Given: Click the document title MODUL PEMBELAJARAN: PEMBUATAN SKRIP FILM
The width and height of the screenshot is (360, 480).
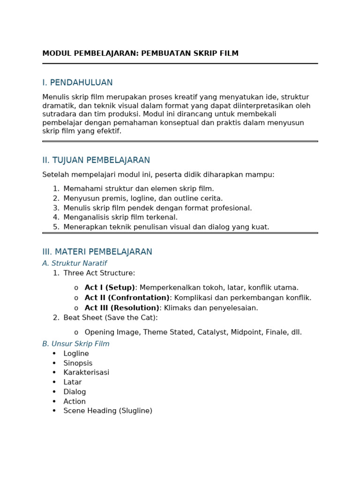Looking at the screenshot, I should click(x=140, y=53).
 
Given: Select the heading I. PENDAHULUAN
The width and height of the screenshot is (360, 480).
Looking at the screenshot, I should click(x=77, y=82).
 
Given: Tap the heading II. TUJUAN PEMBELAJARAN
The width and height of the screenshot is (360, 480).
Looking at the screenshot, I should click(x=96, y=160).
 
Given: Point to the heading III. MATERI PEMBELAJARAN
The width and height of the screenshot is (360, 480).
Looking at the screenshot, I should click(x=97, y=252).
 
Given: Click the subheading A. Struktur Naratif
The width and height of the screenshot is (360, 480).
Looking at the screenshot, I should click(x=75, y=263).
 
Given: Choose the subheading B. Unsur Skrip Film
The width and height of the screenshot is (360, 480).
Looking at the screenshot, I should click(x=76, y=344).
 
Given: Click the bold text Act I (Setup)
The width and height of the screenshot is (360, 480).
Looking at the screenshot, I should click(x=110, y=287).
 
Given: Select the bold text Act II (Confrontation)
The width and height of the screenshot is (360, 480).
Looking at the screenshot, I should click(x=127, y=298).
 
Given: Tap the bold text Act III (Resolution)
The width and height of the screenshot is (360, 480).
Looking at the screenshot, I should click(x=122, y=308).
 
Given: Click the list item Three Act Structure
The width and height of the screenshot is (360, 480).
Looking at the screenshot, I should click(x=99, y=273).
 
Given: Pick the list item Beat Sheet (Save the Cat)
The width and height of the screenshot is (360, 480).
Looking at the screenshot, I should click(x=111, y=318).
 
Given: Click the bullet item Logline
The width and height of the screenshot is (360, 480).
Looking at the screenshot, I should click(x=76, y=353).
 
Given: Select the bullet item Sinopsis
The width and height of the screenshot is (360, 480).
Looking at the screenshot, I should click(x=78, y=363).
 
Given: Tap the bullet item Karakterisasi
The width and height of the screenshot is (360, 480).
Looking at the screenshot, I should click(x=86, y=373).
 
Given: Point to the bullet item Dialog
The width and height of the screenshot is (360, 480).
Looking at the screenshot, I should click(x=75, y=392).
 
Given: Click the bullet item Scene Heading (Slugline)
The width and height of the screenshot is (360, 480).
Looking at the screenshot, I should click(x=108, y=411).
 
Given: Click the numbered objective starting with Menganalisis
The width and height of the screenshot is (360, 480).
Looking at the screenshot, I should click(x=120, y=217).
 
